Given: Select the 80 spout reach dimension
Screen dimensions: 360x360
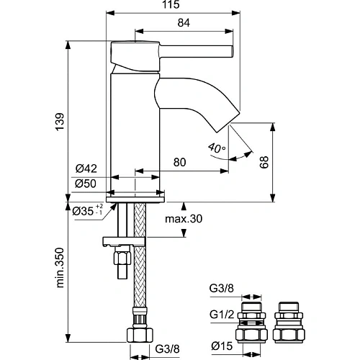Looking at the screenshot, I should click(x=181, y=163).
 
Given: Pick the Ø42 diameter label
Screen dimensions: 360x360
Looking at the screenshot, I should click(x=86, y=169).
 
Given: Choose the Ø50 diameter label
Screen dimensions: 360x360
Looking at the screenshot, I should click(x=86, y=184).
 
